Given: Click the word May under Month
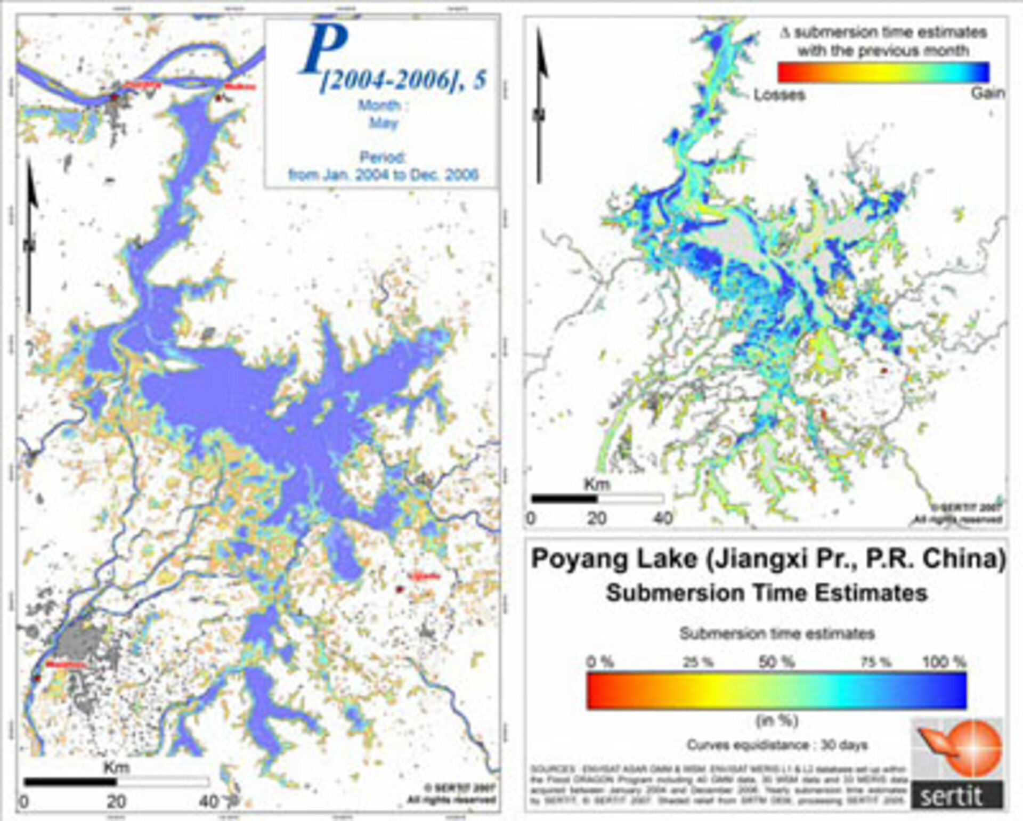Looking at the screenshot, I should pos(384,123).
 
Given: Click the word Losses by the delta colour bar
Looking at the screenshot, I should pos(778,95).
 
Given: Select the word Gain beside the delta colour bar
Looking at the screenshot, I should pos(987,93).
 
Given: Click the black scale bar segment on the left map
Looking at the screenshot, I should pos(70,782).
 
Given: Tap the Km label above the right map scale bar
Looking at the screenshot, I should pos(597,484).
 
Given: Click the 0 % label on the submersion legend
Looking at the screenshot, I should pos(600,662).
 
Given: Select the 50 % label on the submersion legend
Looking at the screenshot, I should pos(776,662).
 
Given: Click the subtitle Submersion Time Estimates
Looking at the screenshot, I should pos(767,593).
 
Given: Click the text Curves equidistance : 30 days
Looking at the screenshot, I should pos(777,745).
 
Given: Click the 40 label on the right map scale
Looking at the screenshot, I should pos(662,518).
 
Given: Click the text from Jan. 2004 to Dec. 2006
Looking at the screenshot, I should pos(383,175).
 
